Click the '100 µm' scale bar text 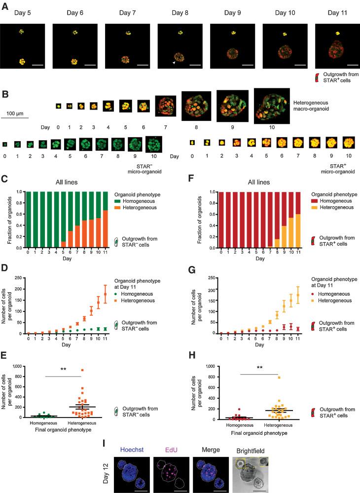(x=17, y=114)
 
